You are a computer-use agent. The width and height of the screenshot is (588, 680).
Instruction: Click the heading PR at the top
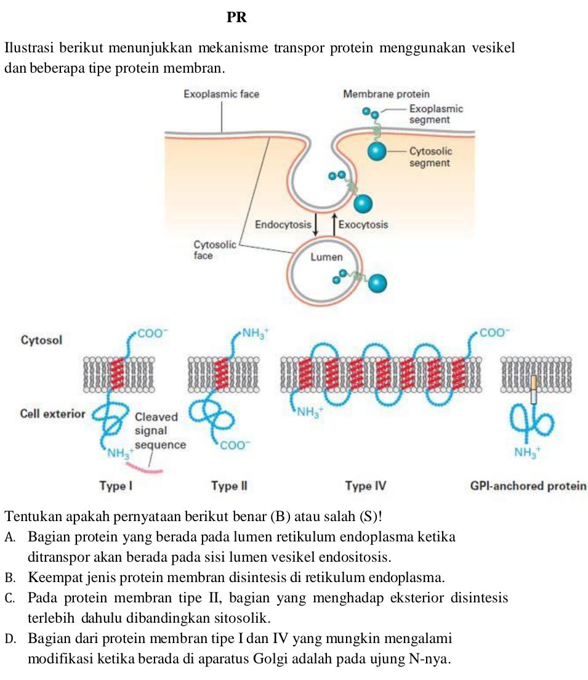pos(237,18)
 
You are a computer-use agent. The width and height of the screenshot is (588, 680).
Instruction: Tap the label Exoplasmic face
pos(222,94)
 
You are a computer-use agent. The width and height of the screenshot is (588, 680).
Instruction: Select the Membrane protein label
pos(386,94)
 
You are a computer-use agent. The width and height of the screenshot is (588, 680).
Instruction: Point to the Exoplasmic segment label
pos(436,114)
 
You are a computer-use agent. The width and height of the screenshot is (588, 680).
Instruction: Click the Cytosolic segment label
pos(430,157)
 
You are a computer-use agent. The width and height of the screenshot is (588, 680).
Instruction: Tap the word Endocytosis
pos(283,225)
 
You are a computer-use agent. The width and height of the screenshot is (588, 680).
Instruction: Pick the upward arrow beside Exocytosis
pos(334,225)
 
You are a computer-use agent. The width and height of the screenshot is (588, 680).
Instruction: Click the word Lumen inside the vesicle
pos(326,257)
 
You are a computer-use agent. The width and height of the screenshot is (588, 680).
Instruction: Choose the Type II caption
pos(228,487)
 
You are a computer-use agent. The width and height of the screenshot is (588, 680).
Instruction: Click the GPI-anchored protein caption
pos(527,487)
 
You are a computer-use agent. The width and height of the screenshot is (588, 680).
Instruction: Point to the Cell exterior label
pos(52,413)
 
